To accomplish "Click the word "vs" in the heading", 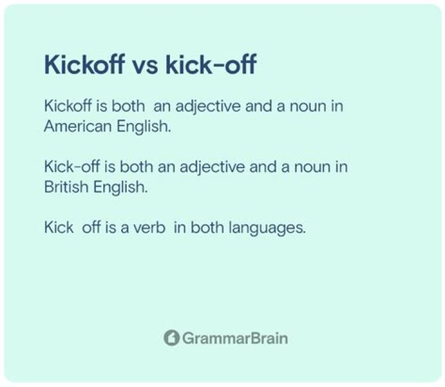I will (145, 65).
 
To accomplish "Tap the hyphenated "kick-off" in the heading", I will (210, 65).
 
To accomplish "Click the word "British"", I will (61, 186).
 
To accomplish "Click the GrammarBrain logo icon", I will (171, 338).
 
